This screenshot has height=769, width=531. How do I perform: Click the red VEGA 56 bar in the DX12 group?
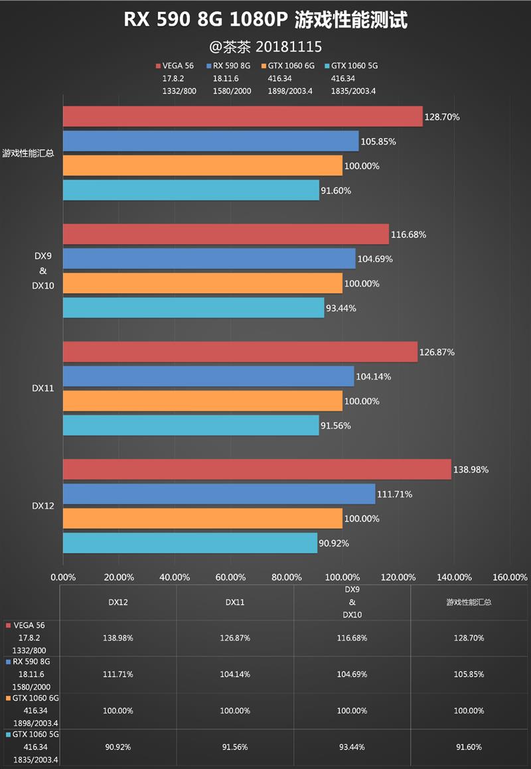(257, 470)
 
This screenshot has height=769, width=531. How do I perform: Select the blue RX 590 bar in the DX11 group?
(208, 376)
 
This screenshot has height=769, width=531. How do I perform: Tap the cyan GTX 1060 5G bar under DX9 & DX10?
(193, 308)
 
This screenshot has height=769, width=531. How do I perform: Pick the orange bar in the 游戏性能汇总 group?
(202, 166)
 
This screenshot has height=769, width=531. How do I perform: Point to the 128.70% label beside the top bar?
(442, 117)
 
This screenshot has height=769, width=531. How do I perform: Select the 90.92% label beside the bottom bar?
(334, 543)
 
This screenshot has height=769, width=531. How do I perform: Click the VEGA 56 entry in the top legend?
(177, 66)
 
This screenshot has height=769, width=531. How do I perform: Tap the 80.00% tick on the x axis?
(287, 577)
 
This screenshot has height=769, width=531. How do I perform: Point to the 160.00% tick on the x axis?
(510, 577)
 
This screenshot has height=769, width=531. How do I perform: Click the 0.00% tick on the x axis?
(64, 577)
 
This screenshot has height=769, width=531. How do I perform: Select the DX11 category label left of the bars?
(42, 388)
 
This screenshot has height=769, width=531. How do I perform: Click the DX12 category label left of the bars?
(42, 506)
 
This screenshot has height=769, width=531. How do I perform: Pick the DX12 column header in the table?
(118, 602)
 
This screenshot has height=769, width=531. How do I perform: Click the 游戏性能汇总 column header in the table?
(469, 602)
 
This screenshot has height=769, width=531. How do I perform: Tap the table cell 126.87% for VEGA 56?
(235, 638)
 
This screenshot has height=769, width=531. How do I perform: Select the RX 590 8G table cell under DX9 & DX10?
(352, 674)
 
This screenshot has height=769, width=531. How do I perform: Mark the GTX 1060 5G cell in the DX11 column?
(235, 747)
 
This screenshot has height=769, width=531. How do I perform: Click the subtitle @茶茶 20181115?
(265, 46)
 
